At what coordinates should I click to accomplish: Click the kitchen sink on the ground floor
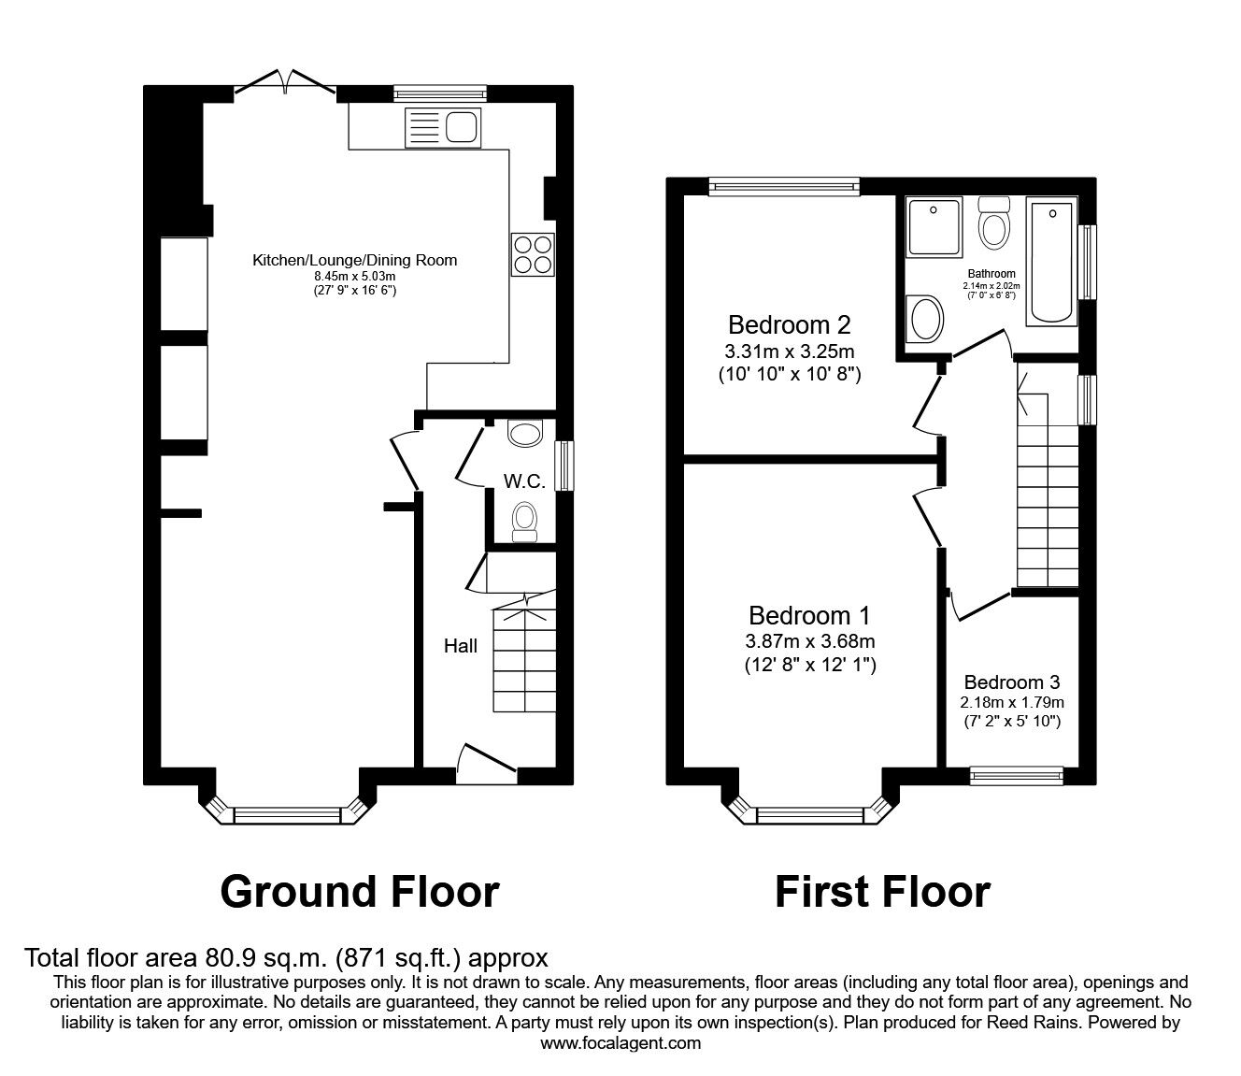pos(443,127)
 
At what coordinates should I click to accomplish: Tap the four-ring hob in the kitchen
pos(533,253)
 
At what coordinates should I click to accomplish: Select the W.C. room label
pos(524,482)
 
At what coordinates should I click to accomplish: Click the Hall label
pos(460,645)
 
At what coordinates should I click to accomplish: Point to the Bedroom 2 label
pos(789,325)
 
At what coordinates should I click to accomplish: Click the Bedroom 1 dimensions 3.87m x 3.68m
pos(809,641)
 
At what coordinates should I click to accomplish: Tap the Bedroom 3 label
pos(1012,682)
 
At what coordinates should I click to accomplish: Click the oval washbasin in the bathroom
pos(926,318)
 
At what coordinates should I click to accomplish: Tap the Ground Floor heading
pos(359,892)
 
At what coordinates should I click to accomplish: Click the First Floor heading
pos(881,892)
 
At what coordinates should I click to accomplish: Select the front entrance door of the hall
pos(487,763)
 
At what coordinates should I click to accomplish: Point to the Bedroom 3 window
pos(1016,774)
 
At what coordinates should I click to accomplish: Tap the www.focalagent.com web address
pos(620,1043)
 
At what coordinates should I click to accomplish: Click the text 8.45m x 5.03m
pos(355,277)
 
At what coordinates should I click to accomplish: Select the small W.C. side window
pos(564,466)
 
